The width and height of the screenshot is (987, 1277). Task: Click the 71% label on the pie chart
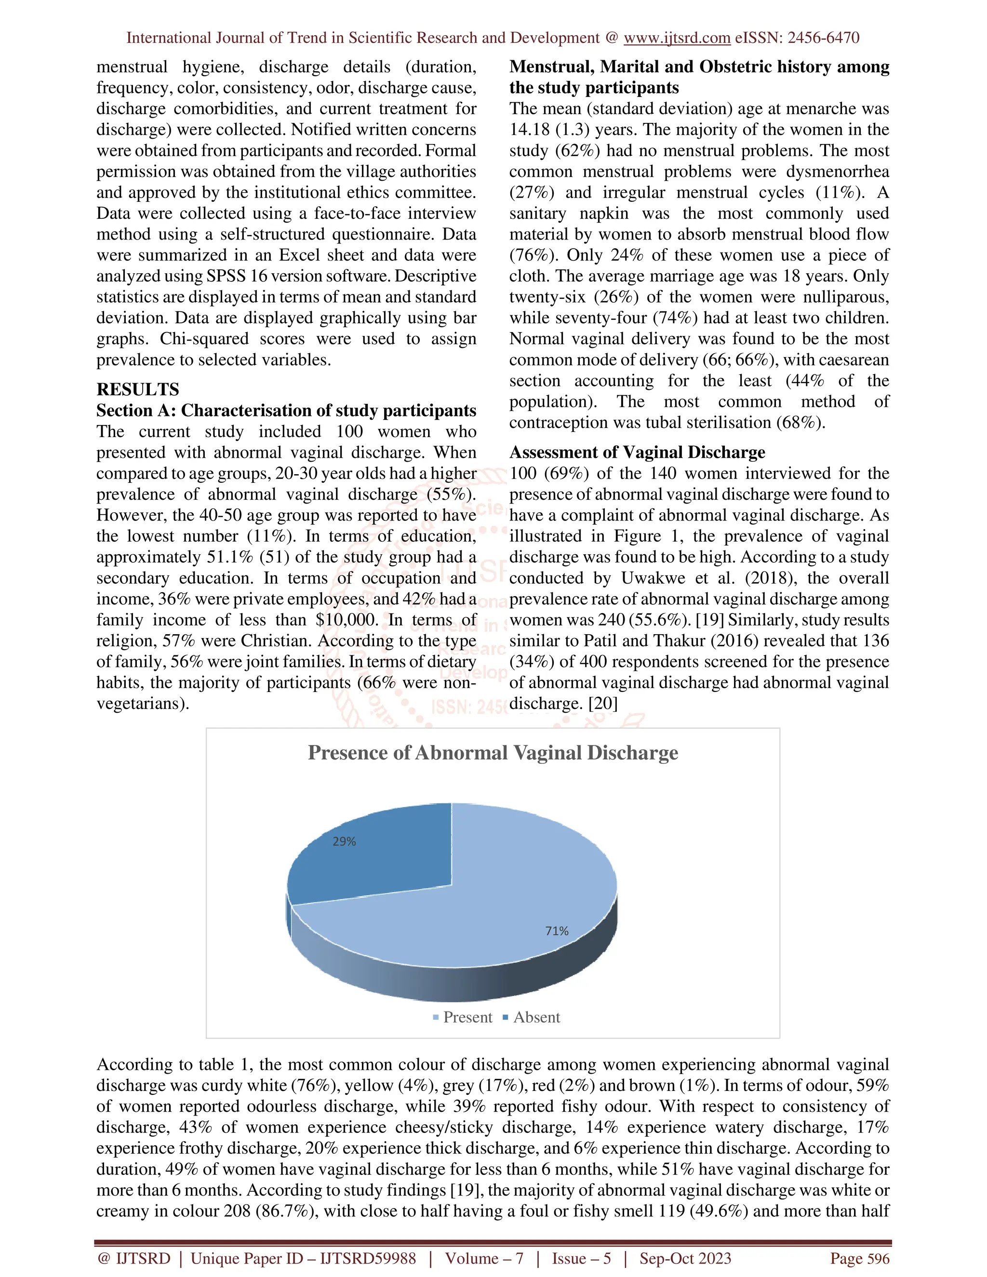557,931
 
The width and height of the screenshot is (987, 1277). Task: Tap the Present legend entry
462,1017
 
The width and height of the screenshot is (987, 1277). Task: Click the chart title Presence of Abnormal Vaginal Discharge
493,753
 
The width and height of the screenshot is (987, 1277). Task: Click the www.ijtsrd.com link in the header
677,38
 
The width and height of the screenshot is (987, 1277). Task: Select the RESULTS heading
138,389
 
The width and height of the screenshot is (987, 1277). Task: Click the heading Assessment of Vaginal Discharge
637,452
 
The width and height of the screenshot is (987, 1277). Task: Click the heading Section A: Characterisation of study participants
286,411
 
